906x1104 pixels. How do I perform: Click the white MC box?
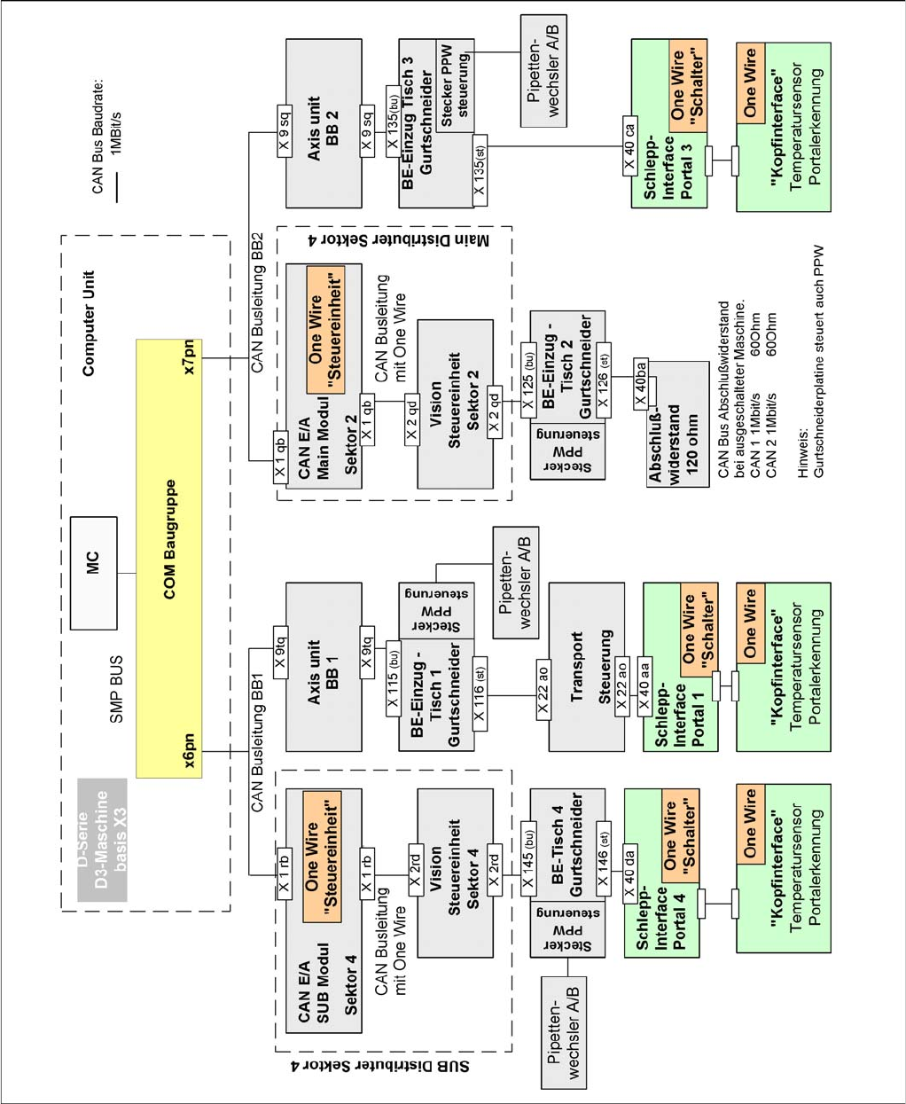pyautogui.click(x=93, y=572)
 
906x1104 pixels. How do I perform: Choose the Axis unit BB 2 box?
pyautogui.click(x=324, y=123)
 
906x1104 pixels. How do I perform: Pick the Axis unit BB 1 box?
pyautogui.click(x=324, y=667)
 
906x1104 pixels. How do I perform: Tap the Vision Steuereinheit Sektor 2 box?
pyautogui.click(x=454, y=403)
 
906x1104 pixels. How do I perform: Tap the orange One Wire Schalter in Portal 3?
pyautogui.click(x=687, y=85)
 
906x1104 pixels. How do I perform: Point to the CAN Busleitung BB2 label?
pyautogui.click(x=257, y=302)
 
